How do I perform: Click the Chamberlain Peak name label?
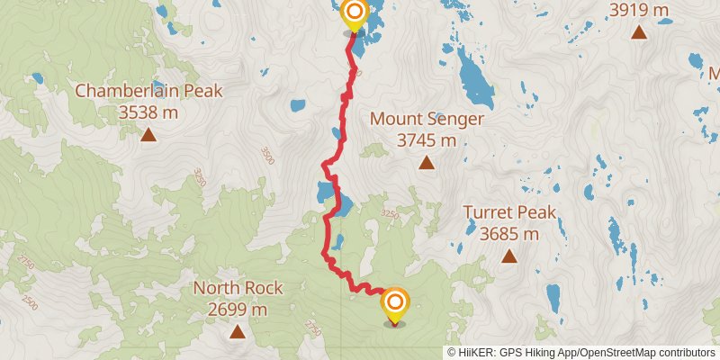pos(148,91)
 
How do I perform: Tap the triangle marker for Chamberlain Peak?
pos(148,135)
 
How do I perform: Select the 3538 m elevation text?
pos(148,112)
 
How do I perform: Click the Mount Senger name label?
pos(427,119)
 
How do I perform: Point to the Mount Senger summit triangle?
pos(427,163)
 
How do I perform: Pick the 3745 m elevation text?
pos(427,140)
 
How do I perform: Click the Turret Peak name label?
pos(509,213)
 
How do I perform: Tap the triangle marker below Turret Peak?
pos(509,256)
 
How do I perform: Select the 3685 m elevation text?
pos(509,235)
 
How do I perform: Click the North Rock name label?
pos(238,289)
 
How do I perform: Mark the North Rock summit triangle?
pos(238,332)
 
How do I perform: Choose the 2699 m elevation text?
pos(238,310)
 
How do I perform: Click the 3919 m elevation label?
pos(640,11)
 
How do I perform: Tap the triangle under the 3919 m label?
pos(639,33)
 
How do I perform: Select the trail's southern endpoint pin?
pos(394,304)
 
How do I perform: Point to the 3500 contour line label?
pos(265,155)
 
